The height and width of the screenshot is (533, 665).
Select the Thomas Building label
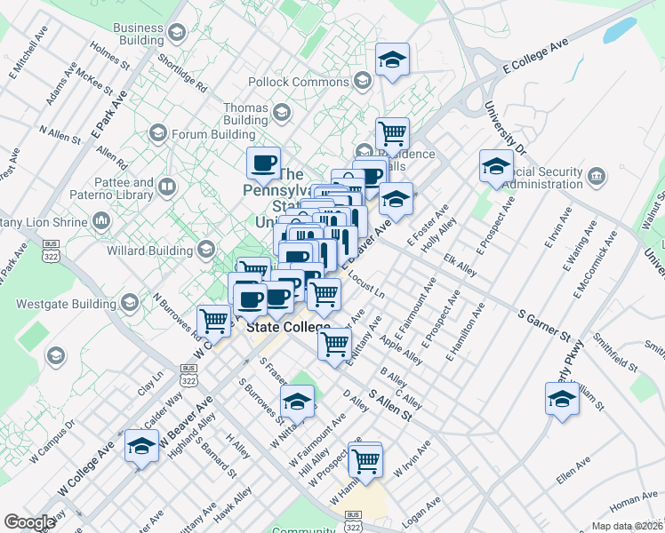(245, 114)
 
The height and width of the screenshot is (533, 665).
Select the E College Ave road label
(534, 56)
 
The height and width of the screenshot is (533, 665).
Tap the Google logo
(29, 521)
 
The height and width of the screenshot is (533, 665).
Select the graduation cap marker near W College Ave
(141, 446)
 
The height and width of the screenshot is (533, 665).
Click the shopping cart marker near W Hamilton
(365, 460)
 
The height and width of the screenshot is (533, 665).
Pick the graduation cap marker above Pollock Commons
(392, 60)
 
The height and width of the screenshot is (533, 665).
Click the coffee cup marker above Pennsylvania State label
(263, 163)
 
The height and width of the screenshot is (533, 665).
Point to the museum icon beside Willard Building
(207, 251)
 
